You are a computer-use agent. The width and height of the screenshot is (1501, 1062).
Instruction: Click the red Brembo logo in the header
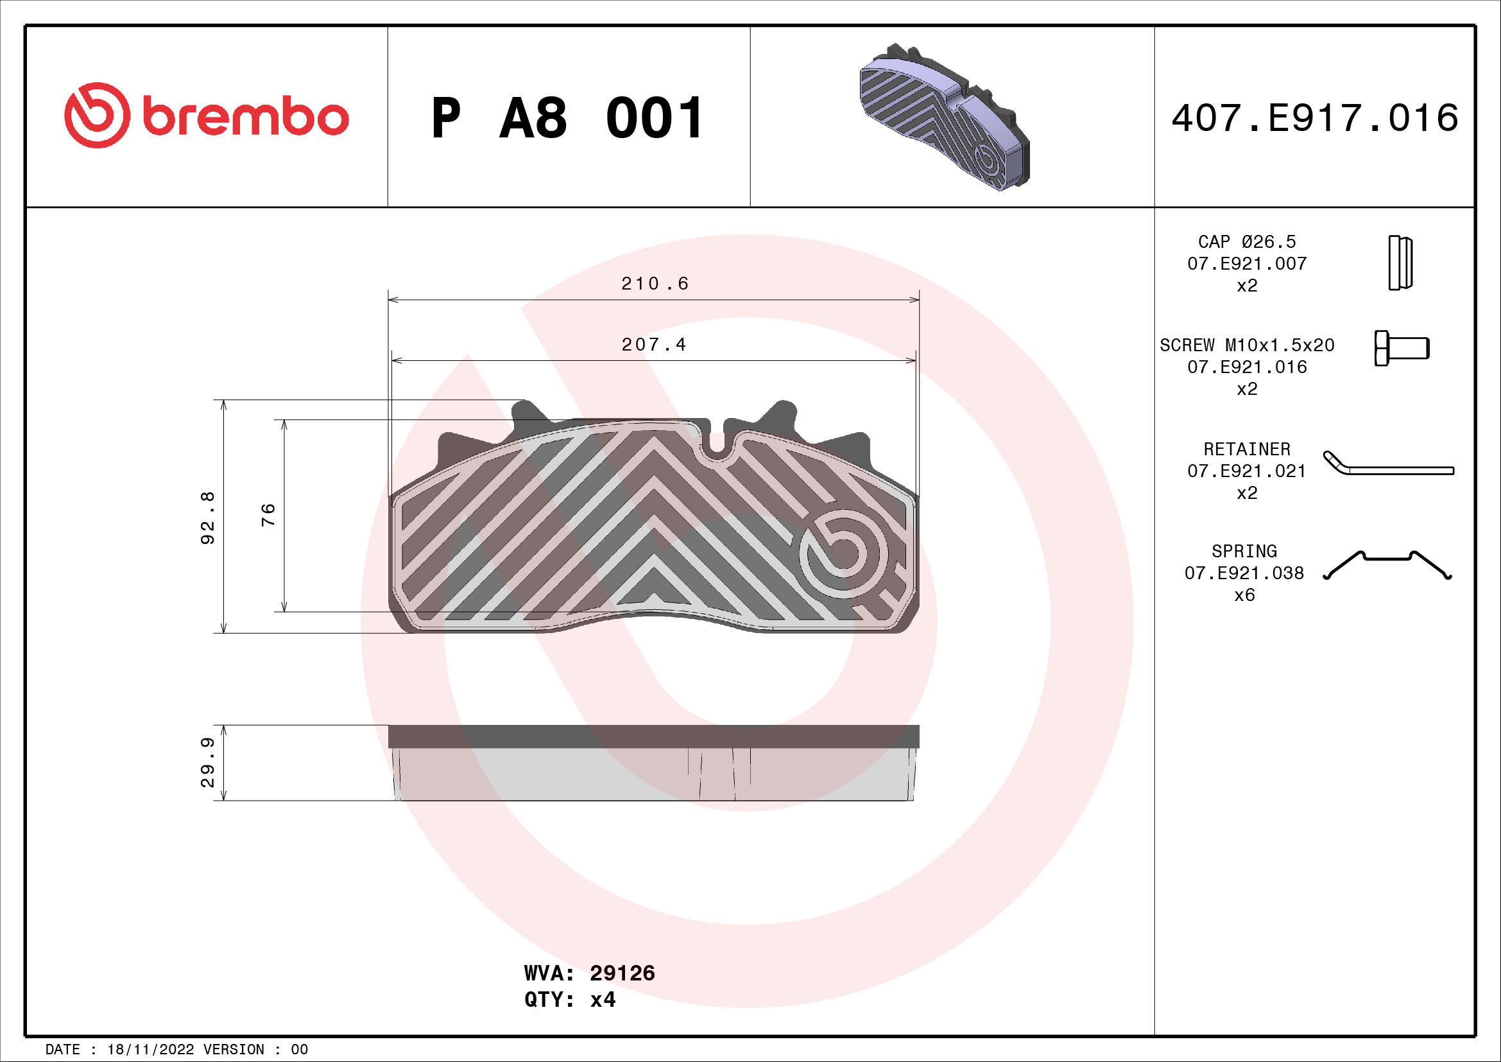point(206,116)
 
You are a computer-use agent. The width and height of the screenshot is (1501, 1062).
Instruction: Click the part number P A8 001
point(567,118)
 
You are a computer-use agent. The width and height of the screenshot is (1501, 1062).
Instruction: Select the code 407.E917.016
point(1314,118)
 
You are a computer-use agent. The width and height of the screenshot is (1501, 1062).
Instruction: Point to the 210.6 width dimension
point(655,284)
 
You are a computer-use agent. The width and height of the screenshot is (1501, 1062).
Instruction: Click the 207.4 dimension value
point(654,345)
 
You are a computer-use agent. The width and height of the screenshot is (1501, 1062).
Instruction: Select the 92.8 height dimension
point(207,518)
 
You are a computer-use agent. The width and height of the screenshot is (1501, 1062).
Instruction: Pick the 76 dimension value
point(268,516)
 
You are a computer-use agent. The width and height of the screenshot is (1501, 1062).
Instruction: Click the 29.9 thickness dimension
point(207,763)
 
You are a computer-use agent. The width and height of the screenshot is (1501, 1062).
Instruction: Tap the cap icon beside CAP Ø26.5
point(1400,263)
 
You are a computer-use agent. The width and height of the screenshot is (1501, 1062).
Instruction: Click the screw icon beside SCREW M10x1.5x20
point(1401,348)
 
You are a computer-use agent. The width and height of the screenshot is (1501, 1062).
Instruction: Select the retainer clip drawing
point(1387,464)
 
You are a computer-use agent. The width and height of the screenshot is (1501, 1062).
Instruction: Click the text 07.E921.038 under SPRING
point(1244,573)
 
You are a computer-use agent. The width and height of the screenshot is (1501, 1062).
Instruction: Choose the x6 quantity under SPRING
point(1244,595)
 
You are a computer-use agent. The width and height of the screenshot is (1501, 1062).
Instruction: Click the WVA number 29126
point(622,973)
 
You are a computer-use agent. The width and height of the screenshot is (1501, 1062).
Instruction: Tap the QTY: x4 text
point(569,1000)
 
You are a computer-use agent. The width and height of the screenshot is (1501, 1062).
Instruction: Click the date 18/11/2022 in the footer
point(150,1050)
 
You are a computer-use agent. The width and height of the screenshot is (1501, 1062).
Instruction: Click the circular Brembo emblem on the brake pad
point(843,553)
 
